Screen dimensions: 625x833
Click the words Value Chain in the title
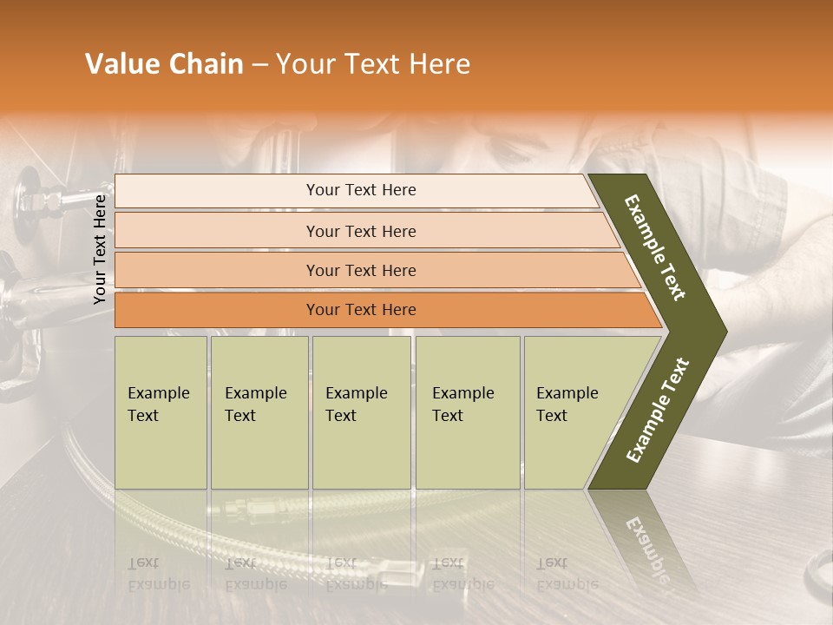164,64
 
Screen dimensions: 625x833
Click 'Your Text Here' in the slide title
373,64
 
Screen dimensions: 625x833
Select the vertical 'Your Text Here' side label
100,249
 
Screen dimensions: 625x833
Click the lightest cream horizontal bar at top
361,190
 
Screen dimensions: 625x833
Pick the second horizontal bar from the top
361,231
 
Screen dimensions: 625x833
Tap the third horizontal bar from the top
361,270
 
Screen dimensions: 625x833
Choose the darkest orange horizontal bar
361,310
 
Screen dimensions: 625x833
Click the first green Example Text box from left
161,411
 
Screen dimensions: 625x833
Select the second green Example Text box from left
259,411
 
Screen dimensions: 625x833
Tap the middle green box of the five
361,411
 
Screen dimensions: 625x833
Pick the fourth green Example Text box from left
467,411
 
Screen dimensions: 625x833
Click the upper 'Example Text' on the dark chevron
656,247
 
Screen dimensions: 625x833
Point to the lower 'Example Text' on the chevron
658,411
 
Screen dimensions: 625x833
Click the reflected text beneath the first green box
158,574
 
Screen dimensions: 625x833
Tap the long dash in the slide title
259,65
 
